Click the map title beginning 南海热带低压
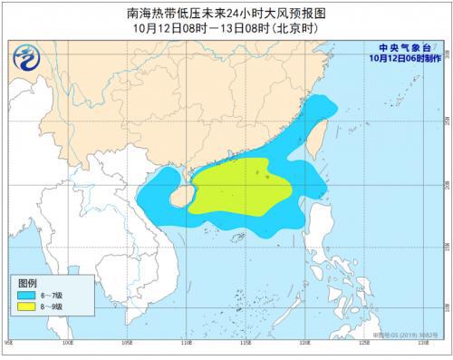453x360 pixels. (x=226, y=13)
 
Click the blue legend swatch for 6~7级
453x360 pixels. (x=27, y=296)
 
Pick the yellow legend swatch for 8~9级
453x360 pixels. (x=27, y=308)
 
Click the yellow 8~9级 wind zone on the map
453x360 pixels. (x=240, y=187)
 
